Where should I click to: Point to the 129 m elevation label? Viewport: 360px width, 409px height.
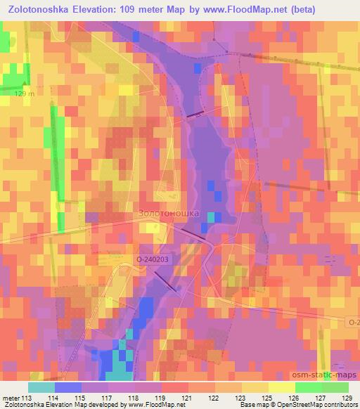pos(24,93)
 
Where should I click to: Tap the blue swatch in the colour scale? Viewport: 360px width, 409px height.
pos(67,387)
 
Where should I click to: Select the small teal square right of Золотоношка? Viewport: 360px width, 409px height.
pos(212,217)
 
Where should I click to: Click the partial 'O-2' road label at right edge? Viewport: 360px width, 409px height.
pos(353,322)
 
